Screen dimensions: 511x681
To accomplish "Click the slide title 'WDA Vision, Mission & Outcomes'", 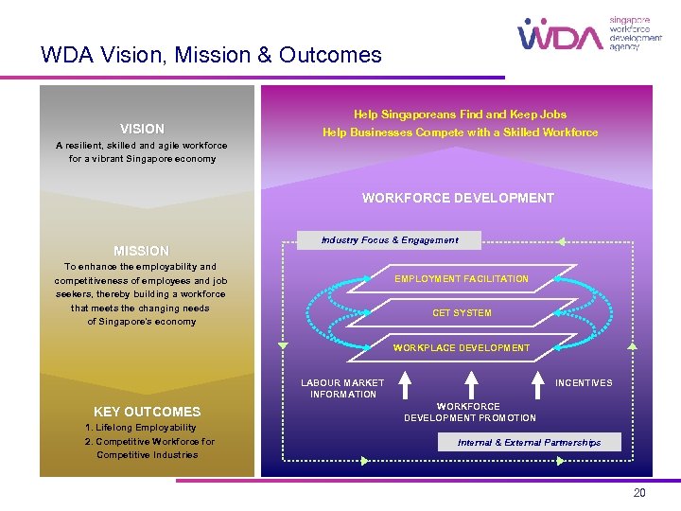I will point(211,55).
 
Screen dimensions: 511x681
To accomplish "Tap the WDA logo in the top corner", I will point(560,35).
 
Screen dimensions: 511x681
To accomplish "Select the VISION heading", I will point(142,129).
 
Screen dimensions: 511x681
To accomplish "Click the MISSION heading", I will point(141,251).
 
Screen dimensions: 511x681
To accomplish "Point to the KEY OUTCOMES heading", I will point(147,412).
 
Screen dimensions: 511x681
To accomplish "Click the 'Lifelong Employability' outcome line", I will point(141,428).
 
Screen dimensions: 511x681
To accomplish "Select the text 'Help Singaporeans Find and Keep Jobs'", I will point(460,115).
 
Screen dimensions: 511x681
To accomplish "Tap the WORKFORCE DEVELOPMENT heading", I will point(458,198).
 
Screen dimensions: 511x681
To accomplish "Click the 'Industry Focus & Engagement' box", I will point(389,240).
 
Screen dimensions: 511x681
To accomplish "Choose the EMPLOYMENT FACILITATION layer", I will point(462,278).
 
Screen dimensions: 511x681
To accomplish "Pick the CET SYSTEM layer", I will point(462,312).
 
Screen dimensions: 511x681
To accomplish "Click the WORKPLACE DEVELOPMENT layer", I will point(462,347).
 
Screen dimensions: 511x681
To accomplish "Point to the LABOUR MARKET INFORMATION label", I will point(342,388).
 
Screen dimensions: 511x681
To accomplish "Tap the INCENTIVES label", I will point(584,383).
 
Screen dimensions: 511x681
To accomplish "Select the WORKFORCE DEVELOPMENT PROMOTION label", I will point(469,412).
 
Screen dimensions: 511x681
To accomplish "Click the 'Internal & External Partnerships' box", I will point(529,442).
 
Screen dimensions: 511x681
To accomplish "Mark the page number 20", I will point(639,493).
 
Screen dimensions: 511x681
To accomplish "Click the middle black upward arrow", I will point(469,383).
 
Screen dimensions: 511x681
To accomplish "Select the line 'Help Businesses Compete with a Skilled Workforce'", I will point(460,132).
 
